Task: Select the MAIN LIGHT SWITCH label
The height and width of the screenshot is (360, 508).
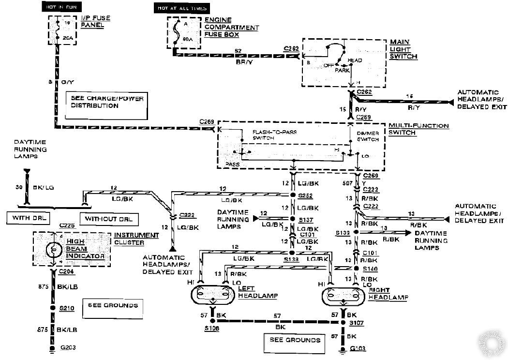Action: click(403, 49)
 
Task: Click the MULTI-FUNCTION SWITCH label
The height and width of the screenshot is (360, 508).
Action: click(419, 129)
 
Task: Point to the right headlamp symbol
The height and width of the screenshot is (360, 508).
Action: click(344, 295)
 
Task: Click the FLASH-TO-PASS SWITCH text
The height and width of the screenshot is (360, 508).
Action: click(269, 135)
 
